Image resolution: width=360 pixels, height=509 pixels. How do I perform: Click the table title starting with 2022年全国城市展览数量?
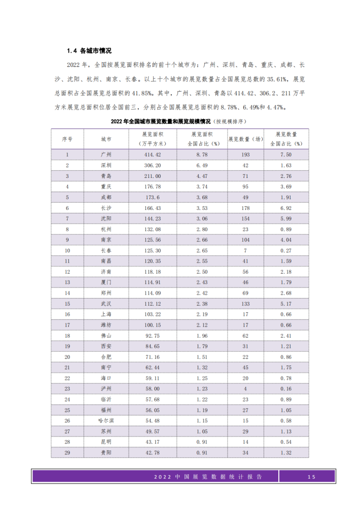179,122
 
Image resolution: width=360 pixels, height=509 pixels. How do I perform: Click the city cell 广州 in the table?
106,154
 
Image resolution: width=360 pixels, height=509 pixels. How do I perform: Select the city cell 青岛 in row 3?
106,176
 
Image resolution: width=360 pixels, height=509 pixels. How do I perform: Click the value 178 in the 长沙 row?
245,208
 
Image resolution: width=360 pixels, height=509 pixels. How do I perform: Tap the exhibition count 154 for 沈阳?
245,219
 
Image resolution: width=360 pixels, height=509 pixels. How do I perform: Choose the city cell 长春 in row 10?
106,250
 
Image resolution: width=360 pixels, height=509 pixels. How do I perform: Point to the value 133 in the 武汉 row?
245,304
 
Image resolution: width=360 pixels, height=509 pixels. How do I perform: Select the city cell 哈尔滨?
106,420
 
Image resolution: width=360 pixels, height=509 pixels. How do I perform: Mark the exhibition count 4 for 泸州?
245,388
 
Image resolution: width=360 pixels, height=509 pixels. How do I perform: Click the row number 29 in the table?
67,452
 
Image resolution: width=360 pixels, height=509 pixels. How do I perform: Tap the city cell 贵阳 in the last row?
106,452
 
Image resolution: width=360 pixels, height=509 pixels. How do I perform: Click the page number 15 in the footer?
311,477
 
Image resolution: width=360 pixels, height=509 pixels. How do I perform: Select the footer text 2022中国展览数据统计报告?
208,477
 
